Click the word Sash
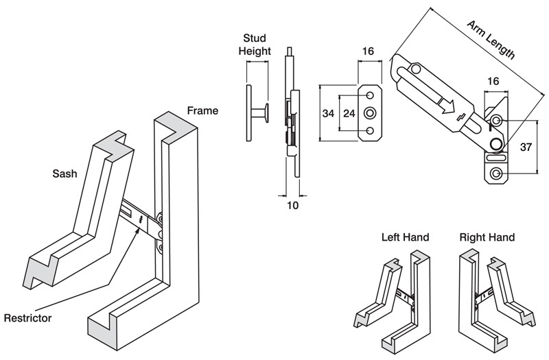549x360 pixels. (66, 173)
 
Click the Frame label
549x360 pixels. (203, 111)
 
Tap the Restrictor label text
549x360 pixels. (28, 318)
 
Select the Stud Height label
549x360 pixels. (255, 44)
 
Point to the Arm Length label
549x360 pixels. (491, 40)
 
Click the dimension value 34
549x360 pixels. (329, 112)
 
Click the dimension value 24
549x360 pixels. (349, 112)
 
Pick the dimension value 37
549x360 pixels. (527, 146)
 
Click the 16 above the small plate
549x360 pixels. (368, 51)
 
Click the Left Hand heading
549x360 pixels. (405, 238)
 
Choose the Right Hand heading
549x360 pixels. (487, 238)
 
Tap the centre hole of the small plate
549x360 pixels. (371, 112)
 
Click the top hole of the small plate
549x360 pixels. (371, 95)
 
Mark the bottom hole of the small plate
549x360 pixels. (371, 130)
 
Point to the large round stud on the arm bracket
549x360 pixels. (495, 143)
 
